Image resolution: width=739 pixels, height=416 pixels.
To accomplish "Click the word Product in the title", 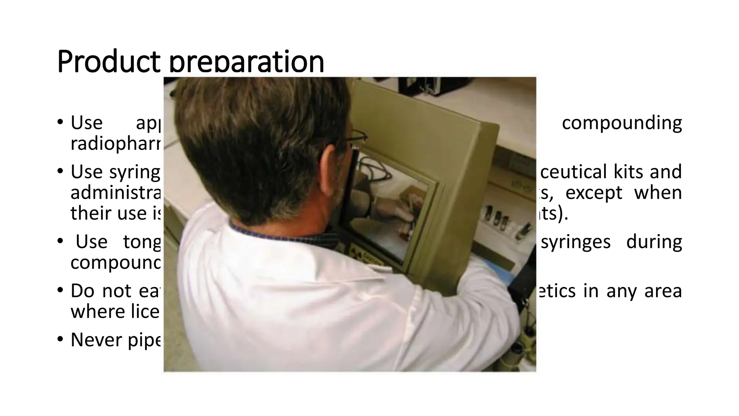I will (108, 62).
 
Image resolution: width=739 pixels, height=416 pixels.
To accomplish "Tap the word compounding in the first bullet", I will (622, 123).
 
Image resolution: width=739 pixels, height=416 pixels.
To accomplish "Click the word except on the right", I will (594, 193).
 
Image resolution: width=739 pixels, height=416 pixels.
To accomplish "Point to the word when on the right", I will (658, 193).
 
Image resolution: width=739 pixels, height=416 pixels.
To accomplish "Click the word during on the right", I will (654, 242).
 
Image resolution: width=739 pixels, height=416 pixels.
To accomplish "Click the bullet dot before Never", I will (60, 340).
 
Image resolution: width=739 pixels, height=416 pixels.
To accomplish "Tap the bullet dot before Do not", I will (60, 291).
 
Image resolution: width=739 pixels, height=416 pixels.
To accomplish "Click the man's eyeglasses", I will (355, 136).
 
